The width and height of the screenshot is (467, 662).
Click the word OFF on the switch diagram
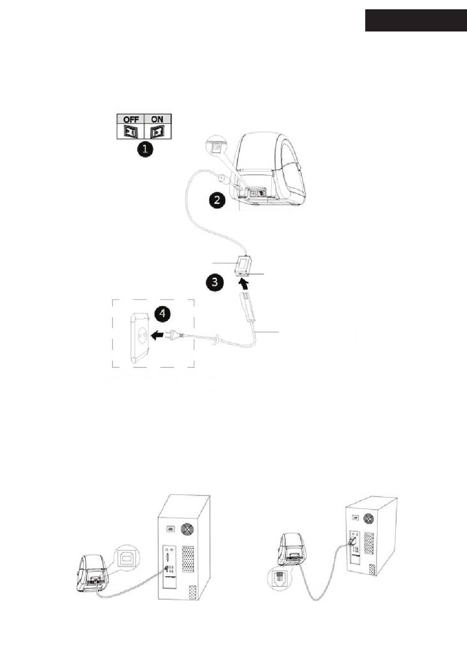131,119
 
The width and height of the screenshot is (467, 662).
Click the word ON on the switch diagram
157,119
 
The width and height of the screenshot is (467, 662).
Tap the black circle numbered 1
145,149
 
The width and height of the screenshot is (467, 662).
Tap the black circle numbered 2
217,199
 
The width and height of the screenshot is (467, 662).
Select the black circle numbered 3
215,282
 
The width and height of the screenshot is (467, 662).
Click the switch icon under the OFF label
130,132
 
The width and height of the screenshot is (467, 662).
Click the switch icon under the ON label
157,132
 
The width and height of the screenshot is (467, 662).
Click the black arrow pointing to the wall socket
158,336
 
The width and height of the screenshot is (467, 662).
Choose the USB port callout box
127,557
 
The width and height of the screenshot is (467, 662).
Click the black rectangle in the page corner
415,20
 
